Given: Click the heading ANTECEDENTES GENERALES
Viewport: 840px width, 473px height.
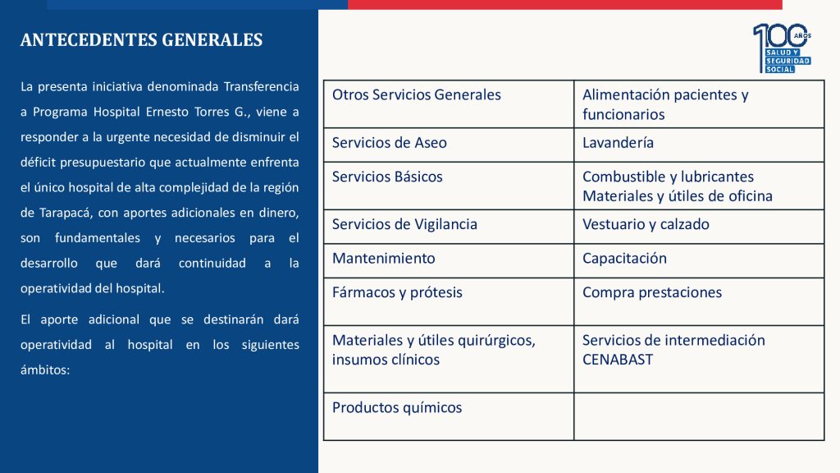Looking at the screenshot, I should [141, 40].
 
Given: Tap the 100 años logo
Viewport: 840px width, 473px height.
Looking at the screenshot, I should [782, 48].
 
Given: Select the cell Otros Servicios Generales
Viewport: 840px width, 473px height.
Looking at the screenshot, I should [416, 95].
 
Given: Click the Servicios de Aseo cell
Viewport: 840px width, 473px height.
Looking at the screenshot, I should [390, 143].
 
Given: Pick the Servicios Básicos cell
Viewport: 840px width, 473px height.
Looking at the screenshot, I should [387, 177].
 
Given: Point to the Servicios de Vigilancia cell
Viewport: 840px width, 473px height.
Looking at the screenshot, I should [404, 224].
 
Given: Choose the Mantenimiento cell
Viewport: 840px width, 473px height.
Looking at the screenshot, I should [383, 258].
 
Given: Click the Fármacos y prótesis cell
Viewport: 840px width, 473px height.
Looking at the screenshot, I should [397, 292].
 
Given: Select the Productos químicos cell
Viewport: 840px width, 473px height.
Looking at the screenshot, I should [397, 407].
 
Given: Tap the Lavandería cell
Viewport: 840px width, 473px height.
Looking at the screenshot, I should [618, 143].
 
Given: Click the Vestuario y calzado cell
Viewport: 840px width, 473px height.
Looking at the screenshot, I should [646, 224].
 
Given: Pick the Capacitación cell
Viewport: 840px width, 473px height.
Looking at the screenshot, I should [624, 258].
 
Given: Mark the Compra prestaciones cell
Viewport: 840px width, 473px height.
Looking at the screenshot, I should [651, 292].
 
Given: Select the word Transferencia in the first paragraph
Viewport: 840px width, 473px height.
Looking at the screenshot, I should [262, 86].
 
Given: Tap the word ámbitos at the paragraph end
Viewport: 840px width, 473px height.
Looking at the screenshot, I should [45, 370].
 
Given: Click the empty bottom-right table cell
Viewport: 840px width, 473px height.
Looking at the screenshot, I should [698, 416].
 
